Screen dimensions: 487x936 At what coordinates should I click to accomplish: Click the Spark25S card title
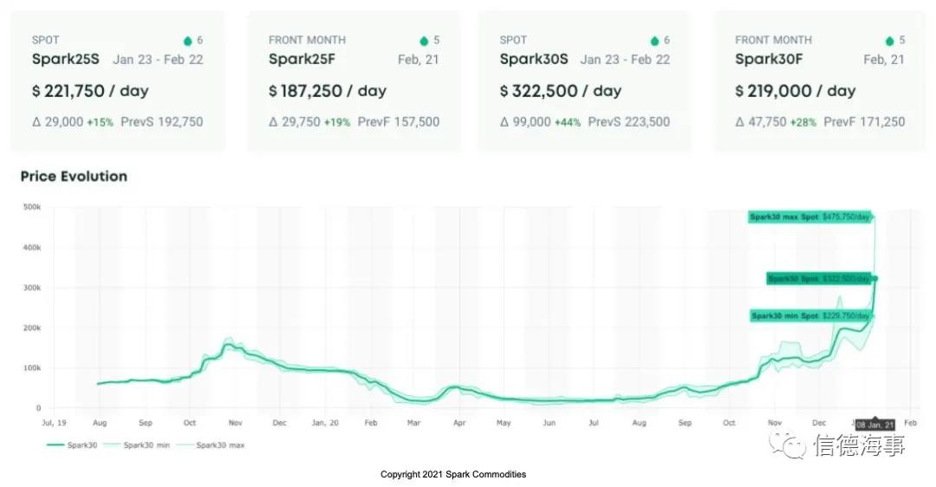(65, 59)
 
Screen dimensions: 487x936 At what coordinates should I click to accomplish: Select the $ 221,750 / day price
(89, 91)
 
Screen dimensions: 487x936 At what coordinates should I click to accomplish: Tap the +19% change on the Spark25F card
(337, 122)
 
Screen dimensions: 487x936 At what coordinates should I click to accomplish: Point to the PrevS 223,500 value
(628, 122)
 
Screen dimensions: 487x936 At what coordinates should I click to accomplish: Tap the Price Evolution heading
(74, 177)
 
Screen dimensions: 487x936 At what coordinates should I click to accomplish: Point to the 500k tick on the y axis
(32, 207)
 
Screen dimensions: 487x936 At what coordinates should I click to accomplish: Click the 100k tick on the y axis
(32, 368)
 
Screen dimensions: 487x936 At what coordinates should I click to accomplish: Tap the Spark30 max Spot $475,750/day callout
(810, 218)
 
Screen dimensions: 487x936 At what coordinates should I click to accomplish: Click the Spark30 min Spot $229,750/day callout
(810, 316)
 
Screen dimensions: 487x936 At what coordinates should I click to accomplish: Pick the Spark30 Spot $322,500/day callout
(819, 278)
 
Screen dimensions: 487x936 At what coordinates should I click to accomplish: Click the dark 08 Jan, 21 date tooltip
(875, 425)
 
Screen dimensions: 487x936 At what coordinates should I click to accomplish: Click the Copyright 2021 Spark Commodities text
(453, 474)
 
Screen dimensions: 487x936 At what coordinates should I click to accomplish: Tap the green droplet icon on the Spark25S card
(188, 41)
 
